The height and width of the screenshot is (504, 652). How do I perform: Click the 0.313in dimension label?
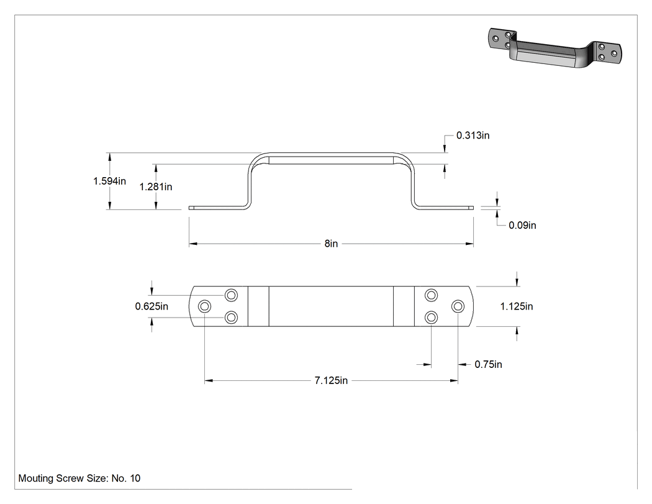click(473, 135)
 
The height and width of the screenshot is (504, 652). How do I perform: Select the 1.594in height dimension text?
click(109, 181)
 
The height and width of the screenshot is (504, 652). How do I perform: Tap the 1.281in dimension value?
click(155, 187)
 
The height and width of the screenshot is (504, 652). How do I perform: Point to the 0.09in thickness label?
click(522, 225)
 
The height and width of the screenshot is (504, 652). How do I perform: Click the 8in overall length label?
click(331, 244)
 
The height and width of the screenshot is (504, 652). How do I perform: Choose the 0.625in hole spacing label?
click(152, 306)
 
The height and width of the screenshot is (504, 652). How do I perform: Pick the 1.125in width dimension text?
click(517, 306)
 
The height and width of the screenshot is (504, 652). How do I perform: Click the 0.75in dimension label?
click(488, 365)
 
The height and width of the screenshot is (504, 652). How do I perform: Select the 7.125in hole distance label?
click(331, 380)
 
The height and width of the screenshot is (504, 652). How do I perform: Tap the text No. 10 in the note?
click(126, 478)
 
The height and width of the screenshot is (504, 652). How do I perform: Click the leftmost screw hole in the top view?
click(204, 307)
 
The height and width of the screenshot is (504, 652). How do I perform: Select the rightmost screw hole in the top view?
click(458, 307)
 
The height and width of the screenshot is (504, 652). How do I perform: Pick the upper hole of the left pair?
click(231, 295)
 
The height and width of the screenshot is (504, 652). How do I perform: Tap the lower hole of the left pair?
click(231, 318)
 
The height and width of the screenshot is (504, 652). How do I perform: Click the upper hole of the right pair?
click(431, 295)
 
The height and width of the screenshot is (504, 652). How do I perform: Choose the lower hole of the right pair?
click(431, 318)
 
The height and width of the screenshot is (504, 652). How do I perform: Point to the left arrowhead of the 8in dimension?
click(193, 244)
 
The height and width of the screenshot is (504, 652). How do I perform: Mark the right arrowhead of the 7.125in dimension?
click(454, 381)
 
